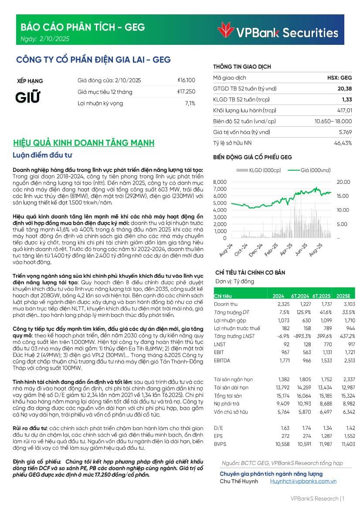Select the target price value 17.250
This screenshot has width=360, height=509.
coord(187,92)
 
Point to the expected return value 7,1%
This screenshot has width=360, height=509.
coord(190,104)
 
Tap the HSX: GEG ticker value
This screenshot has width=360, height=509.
coord(340,78)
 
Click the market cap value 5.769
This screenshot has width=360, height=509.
coord(344,132)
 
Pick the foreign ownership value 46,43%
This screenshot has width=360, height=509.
coord(343,143)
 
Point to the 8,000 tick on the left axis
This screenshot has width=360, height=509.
coord(220,182)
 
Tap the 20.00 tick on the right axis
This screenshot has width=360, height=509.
coord(343,182)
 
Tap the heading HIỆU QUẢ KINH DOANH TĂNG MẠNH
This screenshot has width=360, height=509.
coord(84,143)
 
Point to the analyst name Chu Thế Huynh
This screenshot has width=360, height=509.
coord(239,481)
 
